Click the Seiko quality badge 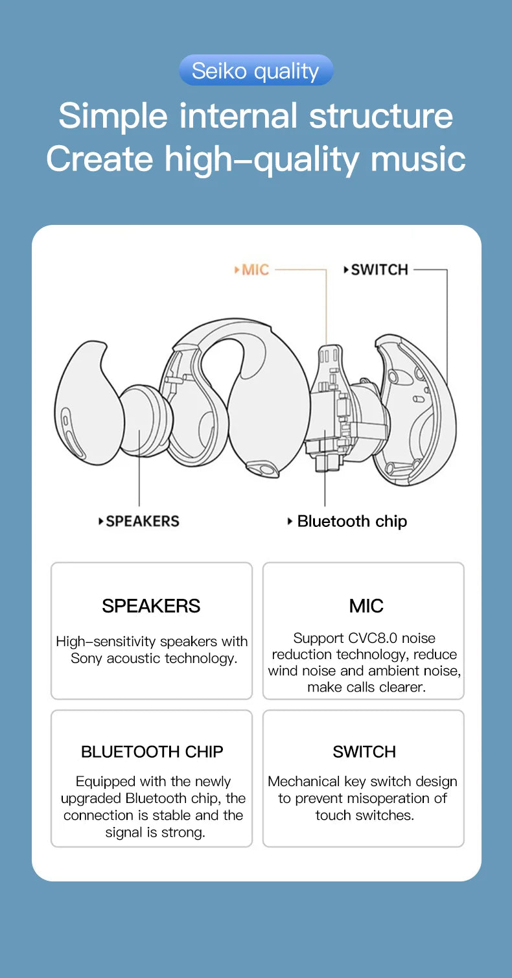coord(255,71)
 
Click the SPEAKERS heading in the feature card coord(151,606)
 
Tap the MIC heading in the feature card coord(366,606)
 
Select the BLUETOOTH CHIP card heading coord(152,752)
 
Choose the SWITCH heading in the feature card coord(364,752)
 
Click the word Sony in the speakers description coord(87,658)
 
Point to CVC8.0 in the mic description coord(373,638)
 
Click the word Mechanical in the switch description coord(304,782)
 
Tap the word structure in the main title coord(380,115)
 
